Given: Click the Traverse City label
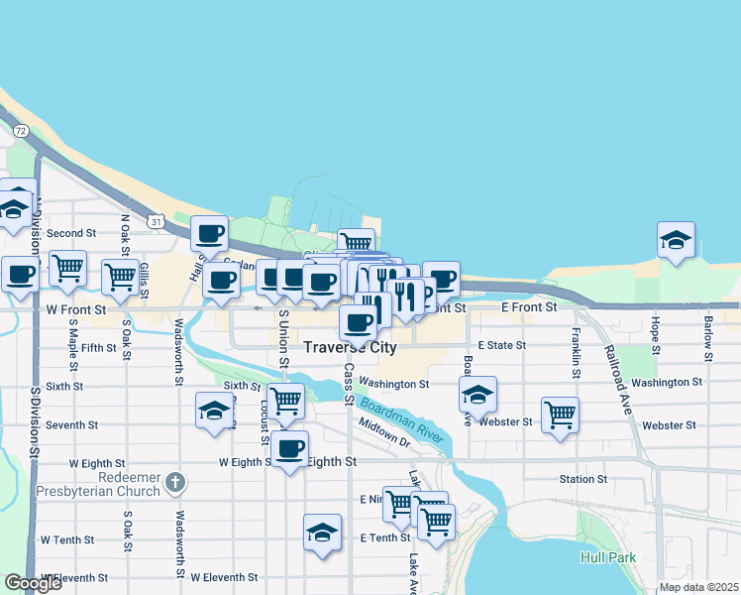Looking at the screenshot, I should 350,348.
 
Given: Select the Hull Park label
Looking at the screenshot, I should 607,557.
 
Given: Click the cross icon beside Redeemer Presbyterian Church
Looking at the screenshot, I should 174,483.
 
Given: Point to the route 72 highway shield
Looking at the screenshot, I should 20,130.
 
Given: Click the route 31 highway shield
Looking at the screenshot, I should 157,221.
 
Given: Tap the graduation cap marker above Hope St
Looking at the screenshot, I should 676,240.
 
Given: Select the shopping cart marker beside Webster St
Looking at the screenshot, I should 560,416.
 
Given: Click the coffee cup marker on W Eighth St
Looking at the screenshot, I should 290,450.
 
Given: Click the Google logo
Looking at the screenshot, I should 34,584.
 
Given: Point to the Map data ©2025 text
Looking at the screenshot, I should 698,587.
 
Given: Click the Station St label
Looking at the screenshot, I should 582,479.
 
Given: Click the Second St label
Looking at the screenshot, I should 70,234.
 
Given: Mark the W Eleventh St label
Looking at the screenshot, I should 224,577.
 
